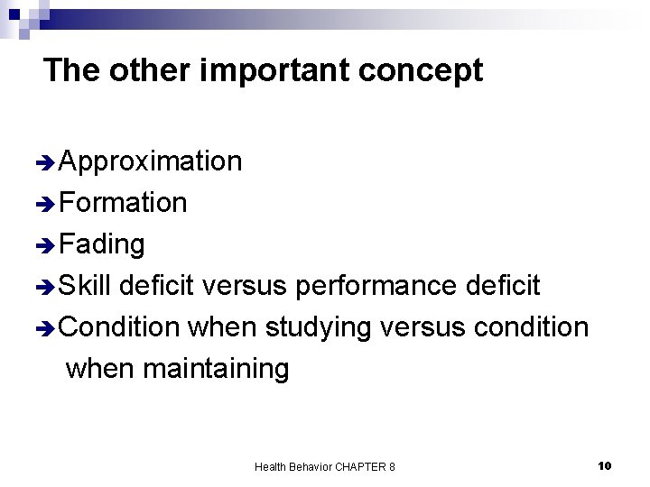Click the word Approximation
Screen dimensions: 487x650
(150, 161)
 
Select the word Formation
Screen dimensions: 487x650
(123, 203)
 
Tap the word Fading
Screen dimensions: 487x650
(102, 244)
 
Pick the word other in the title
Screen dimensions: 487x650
(144, 70)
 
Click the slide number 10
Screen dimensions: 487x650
(605, 465)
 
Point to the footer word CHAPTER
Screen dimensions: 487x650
(359, 466)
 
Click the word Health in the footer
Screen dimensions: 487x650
(270, 466)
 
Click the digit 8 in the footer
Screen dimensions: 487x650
(391, 466)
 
